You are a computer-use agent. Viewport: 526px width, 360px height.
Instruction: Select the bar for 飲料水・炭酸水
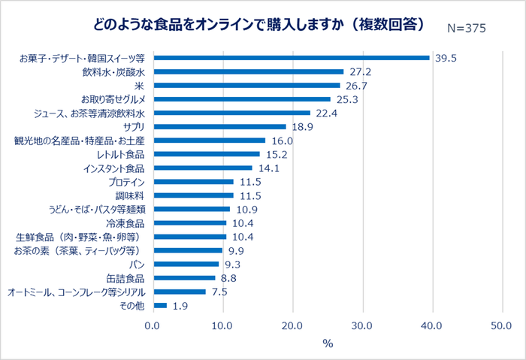pyautogui.click(x=247, y=71)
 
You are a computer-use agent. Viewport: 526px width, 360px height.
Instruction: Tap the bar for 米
pyautogui.click(x=246, y=86)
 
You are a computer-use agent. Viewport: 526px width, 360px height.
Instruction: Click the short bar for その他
pyautogui.click(x=159, y=305)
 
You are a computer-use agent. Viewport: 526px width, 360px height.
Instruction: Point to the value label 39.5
pyautogui.click(x=446, y=59)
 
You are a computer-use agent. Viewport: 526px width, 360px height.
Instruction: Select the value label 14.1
pyautogui.click(x=268, y=168)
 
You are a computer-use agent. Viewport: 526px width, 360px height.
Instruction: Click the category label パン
pyautogui.click(x=138, y=265)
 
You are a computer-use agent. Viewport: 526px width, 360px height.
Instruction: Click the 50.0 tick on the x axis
pyautogui.click(x=501, y=325)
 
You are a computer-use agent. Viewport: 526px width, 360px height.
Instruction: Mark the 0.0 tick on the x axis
pyautogui.click(x=153, y=325)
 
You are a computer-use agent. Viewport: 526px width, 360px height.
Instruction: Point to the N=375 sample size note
pyautogui.click(x=466, y=28)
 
